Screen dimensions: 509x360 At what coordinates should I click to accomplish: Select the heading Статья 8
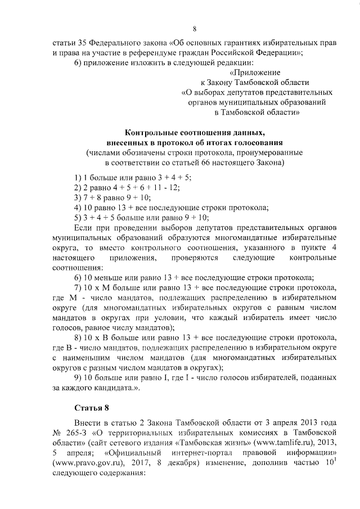coord(91,407)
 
